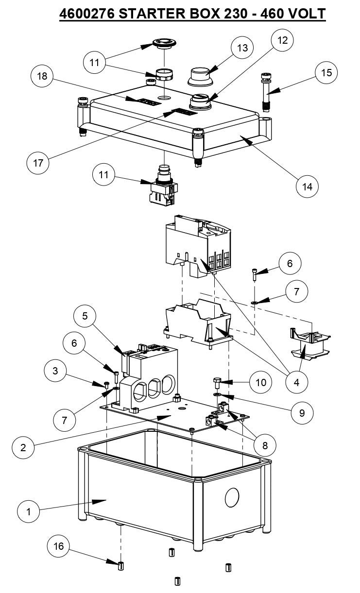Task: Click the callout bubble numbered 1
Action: (x=29, y=511)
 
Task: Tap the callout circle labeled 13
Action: (x=242, y=48)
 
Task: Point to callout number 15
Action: (x=326, y=73)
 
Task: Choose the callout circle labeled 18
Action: (x=43, y=76)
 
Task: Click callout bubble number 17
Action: (x=38, y=163)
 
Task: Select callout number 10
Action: (x=261, y=382)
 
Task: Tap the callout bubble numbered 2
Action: (x=23, y=447)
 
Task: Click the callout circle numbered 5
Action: (x=85, y=316)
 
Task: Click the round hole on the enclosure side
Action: (x=232, y=496)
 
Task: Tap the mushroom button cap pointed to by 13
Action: (x=199, y=76)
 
